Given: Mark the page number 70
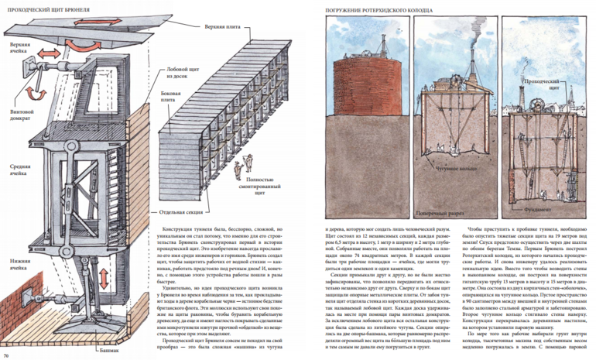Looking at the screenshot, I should pos(6,355).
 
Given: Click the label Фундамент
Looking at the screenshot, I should pos(541,208).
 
